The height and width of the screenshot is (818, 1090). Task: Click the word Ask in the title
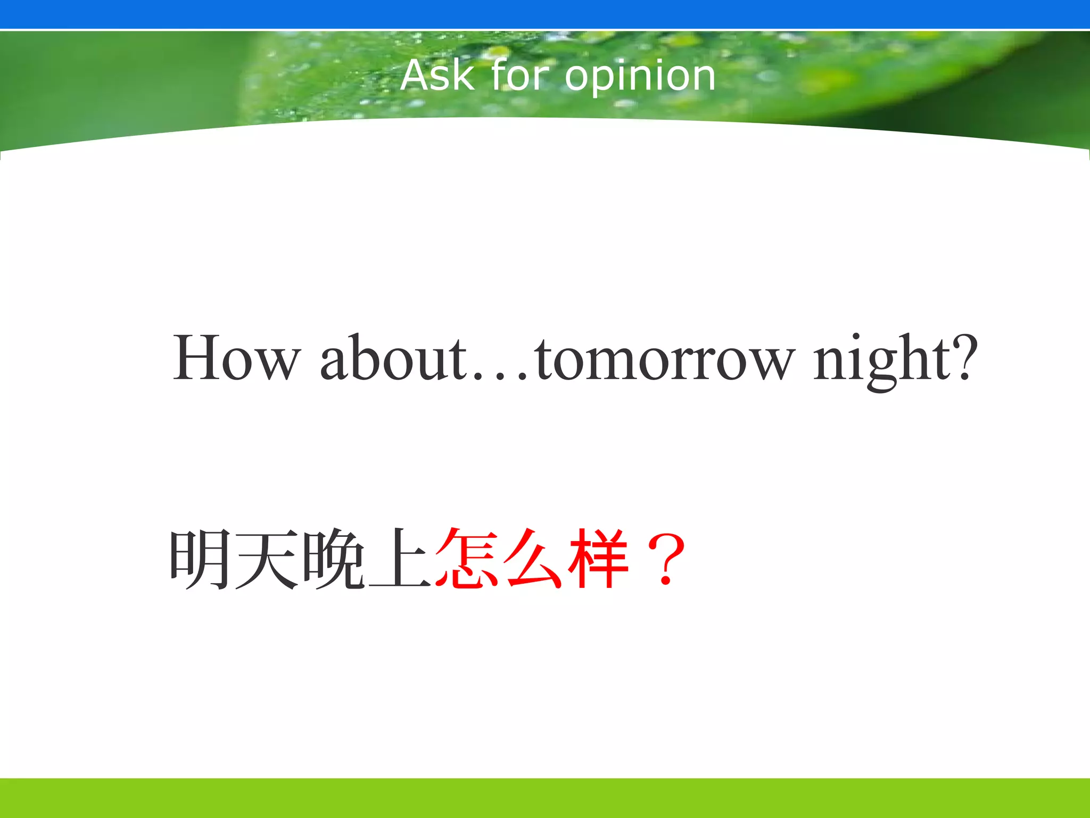[437, 76]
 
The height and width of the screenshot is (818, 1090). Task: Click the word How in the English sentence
[237, 358]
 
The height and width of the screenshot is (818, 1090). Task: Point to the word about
[394, 358]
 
